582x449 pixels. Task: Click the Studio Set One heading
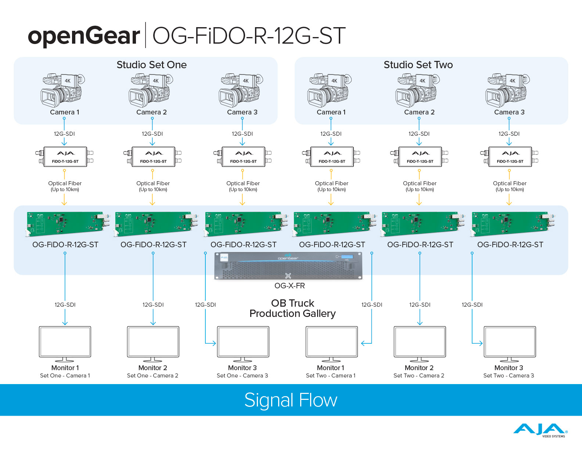[x=151, y=65]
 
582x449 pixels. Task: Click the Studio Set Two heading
[x=418, y=65]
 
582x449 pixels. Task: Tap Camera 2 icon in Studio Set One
[x=150, y=90]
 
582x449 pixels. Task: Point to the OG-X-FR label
[x=290, y=286]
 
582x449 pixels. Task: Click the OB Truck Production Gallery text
[x=292, y=308]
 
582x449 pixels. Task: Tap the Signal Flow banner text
[x=291, y=400]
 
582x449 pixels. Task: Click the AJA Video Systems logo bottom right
[x=540, y=430]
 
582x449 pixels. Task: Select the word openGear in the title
[x=84, y=36]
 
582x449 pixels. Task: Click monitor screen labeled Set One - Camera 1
[x=65, y=341]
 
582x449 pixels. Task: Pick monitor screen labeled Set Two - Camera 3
[x=510, y=341]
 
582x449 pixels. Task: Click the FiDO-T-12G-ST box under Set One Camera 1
[x=65, y=157]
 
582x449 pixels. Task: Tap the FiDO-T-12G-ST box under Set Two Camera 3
[x=510, y=157]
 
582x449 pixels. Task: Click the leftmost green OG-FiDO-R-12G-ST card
[x=66, y=223]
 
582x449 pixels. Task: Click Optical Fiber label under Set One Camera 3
[x=243, y=183]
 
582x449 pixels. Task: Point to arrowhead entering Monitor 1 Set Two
[x=362, y=343]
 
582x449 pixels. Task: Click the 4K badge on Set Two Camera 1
[x=334, y=81]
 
